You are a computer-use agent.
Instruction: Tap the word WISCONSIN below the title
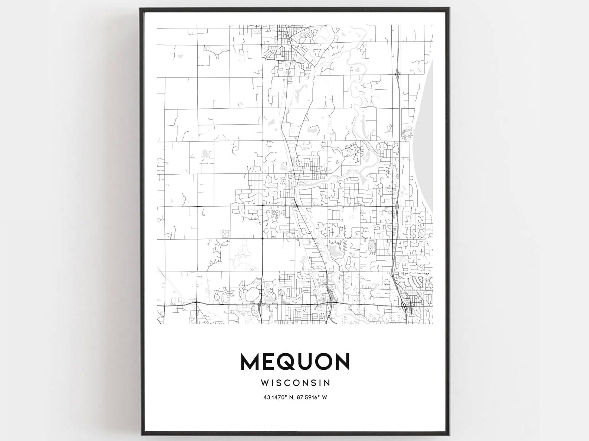pos(295,382)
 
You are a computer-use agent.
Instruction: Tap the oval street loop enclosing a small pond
pos(372,247)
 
